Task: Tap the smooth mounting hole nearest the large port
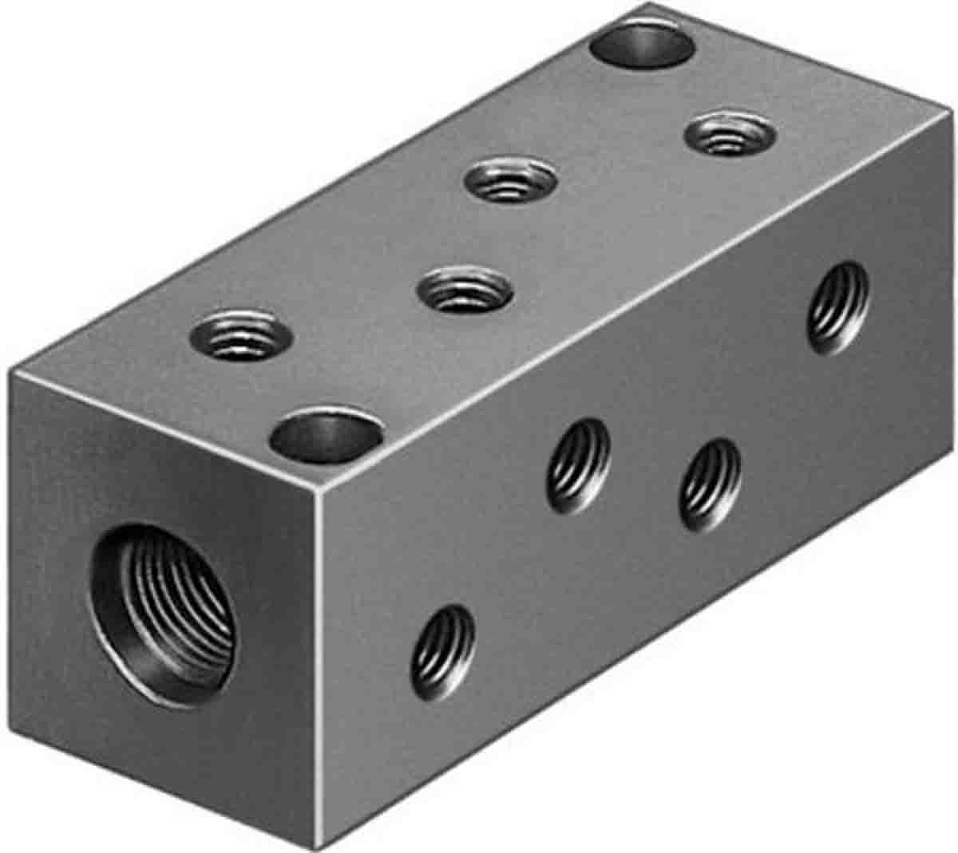324,437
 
